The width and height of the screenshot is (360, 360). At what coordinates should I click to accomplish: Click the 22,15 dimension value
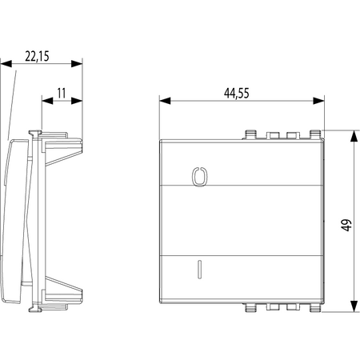[x=37, y=56]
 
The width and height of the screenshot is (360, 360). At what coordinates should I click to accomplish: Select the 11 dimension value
[x=62, y=94]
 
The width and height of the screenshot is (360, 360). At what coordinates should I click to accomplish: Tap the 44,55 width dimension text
[x=237, y=94]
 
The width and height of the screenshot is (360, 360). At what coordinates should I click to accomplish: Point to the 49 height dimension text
[x=346, y=226]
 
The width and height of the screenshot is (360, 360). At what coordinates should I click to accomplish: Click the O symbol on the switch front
[x=199, y=176]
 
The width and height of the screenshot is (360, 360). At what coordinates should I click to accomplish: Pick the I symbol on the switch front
[x=199, y=270]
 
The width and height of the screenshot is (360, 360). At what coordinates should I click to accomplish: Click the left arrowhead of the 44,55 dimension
[x=165, y=101]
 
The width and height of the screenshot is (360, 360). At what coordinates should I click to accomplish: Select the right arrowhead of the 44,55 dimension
[x=318, y=101]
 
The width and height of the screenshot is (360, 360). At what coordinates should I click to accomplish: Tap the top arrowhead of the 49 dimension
[x=354, y=136]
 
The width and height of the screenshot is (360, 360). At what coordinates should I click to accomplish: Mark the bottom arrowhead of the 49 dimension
[x=354, y=306]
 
